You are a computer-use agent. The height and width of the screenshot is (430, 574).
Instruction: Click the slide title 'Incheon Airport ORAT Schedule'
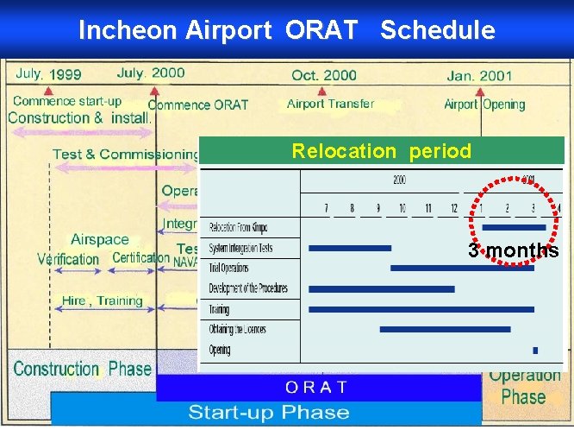click(x=286, y=30)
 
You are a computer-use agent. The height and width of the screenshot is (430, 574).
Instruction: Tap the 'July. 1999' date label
click(x=48, y=74)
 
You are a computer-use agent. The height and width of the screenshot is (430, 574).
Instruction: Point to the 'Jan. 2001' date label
click(x=479, y=76)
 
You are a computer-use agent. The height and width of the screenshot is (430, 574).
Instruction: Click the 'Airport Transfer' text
click(x=330, y=104)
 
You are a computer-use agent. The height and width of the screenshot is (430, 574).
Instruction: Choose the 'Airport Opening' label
click(x=484, y=104)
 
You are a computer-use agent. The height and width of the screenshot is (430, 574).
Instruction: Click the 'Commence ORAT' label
click(x=198, y=105)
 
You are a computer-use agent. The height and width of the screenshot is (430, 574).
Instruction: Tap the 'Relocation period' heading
click(x=381, y=152)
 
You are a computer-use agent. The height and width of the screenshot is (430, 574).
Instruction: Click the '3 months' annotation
click(x=513, y=251)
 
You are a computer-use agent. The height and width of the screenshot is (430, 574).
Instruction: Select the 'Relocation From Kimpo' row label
click(x=238, y=228)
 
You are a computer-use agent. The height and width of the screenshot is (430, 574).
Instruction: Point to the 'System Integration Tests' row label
click(x=241, y=248)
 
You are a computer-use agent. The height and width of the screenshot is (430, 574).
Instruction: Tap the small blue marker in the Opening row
click(x=535, y=351)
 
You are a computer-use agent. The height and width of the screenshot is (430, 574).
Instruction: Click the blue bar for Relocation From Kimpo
click(x=514, y=228)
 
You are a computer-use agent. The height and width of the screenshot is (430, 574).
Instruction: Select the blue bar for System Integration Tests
click(x=349, y=248)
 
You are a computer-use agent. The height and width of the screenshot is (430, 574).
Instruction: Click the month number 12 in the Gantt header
click(x=454, y=208)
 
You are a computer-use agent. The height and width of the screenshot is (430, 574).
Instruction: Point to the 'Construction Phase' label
click(x=83, y=370)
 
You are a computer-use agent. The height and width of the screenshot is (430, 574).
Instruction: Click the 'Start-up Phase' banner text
click(x=269, y=412)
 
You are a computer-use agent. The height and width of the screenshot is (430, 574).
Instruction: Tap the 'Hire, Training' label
click(x=102, y=301)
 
